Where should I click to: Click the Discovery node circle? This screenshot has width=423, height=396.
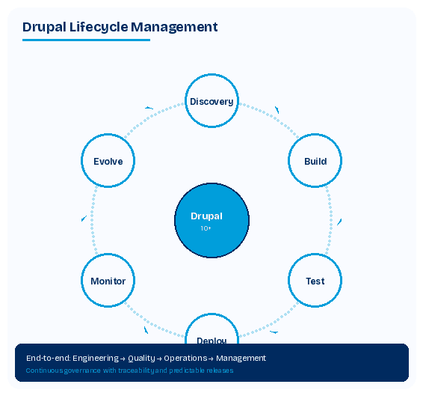pyautogui.click(x=211, y=101)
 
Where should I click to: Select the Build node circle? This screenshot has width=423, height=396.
pyautogui.click(x=315, y=161)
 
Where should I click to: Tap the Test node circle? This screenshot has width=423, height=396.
pyautogui.click(x=315, y=281)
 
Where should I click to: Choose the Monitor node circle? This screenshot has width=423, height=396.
pyautogui.click(x=108, y=281)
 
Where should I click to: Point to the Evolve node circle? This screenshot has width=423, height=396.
pyautogui.click(x=108, y=161)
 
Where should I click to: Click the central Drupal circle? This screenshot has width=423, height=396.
pyautogui.click(x=211, y=221)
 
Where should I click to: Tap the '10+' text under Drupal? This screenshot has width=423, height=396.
pyautogui.click(x=206, y=229)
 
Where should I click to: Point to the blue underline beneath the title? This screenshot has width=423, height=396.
pyautogui.click(x=86, y=40)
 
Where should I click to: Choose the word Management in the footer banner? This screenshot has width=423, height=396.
pyautogui.click(x=240, y=358)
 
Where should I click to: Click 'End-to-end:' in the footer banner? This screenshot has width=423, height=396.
pyautogui.click(x=44, y=358)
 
